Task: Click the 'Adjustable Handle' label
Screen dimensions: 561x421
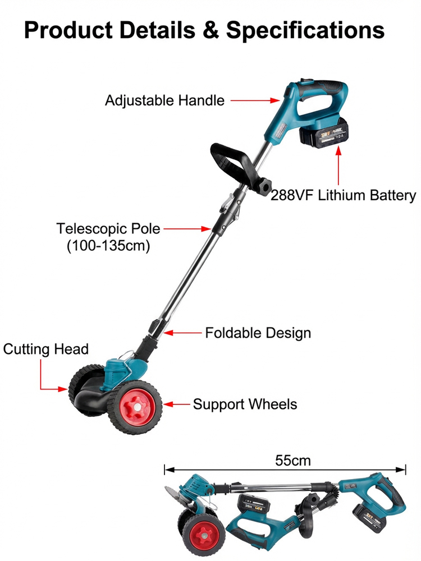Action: click(x=164, y=101)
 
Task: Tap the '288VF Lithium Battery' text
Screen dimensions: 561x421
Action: click(x=344, y=196)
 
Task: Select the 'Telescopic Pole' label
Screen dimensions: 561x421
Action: click(x=108, y=229)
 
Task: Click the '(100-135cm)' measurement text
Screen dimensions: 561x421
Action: click(x=108, y=246)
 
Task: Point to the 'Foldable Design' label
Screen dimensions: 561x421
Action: click(x=258, y=333)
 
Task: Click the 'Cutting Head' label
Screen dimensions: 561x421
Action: click(x=46, y=349)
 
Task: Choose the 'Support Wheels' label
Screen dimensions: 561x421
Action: click(x=245, y=404)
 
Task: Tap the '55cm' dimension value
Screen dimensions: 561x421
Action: click(x=292, y=461)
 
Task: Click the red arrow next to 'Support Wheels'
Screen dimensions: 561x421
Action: click(x=176, y=404)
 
